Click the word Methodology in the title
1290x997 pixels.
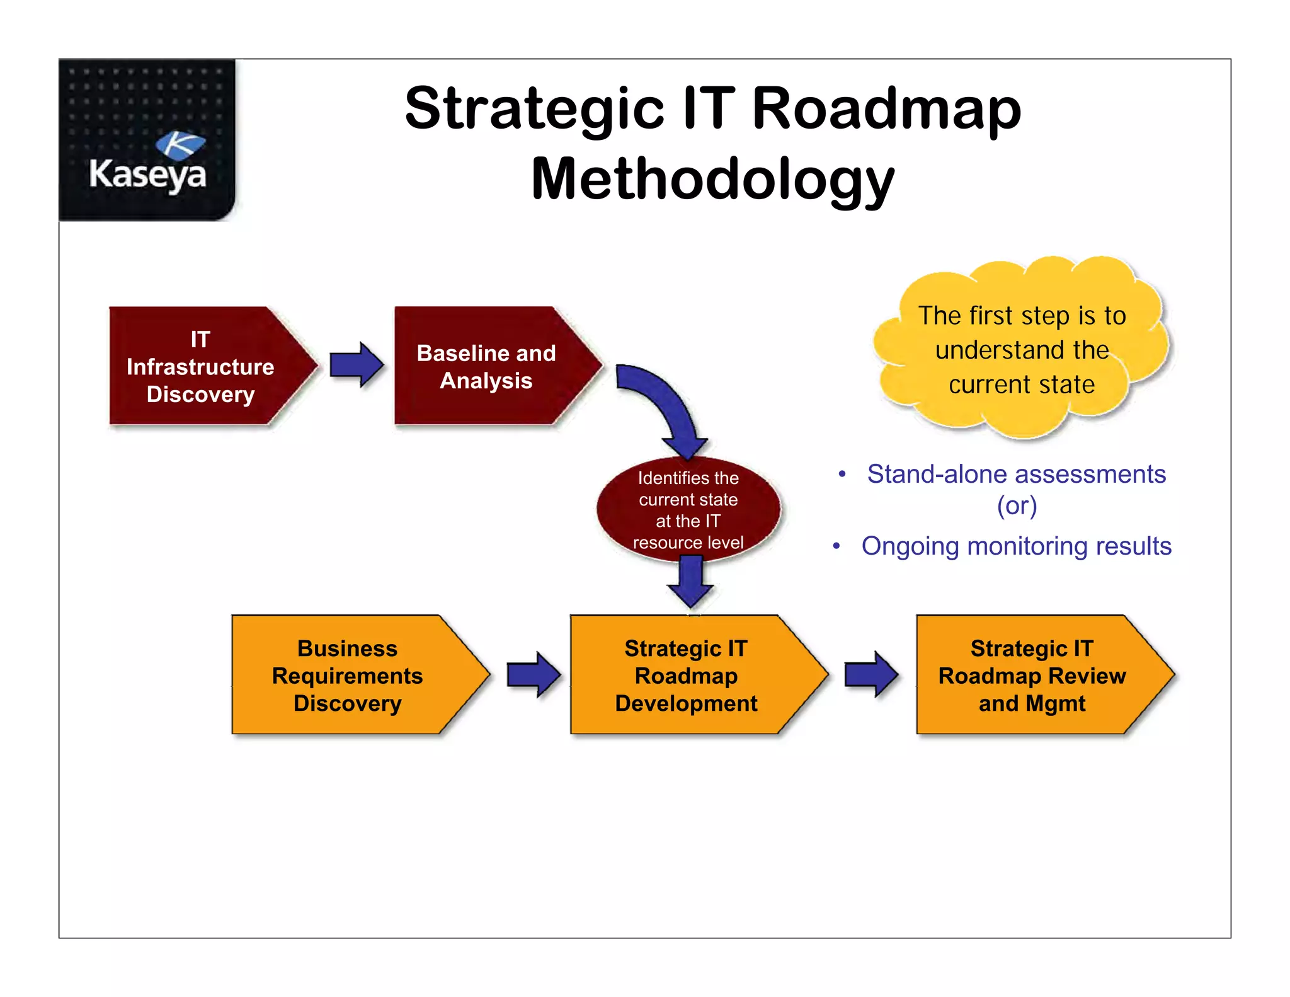click(x=712, y=180)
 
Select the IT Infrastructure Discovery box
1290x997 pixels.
click(x=202, y=367)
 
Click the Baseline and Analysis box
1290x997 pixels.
click(x=486, y=367)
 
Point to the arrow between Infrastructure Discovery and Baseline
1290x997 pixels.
click(x=357, y=364)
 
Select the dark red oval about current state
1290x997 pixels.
click(x=688, y=509)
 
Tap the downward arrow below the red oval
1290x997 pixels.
click(x=690, y=581)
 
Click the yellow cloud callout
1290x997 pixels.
click(x=1021, y=350)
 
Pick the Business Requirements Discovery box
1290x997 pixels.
click(x=348, y=676)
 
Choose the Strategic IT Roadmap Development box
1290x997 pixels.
click(x=687, y=676)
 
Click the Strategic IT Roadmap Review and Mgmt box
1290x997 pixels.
click(x=1032, y=676)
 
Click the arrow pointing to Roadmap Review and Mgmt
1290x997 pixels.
click(x=871, y=674)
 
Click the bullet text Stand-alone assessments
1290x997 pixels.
click(x=1016, y=474)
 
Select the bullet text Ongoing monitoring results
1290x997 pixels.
click(x=1016, y=546)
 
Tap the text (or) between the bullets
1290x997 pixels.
click(x=1016, y=506)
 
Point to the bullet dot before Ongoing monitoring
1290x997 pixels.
click(x=836, y=546)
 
